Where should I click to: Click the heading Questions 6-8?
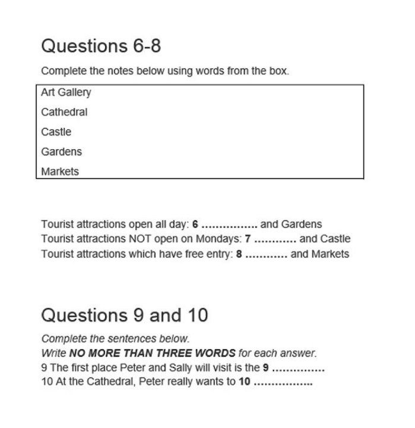101,46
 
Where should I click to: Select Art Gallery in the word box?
66,92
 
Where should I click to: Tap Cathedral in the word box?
64,112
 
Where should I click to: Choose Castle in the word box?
56,131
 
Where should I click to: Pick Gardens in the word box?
62,152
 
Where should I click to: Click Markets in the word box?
60,171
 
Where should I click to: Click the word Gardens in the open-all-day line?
301,224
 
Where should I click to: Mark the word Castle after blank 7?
335,239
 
